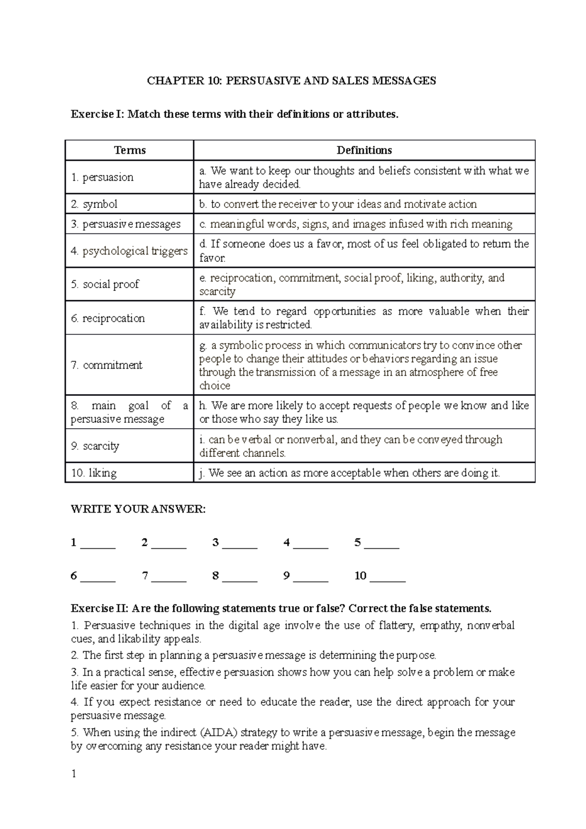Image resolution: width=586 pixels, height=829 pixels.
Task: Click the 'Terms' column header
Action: (x=129, y=150)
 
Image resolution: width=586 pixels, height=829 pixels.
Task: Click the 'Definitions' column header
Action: (x=364, y=150)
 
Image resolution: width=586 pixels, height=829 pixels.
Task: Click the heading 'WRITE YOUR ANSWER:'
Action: (x=138, y=509)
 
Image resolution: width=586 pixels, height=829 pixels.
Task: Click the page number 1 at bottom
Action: (x=74, y=774)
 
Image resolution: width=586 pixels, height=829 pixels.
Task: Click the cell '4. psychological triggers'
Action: (x=129, y=251)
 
